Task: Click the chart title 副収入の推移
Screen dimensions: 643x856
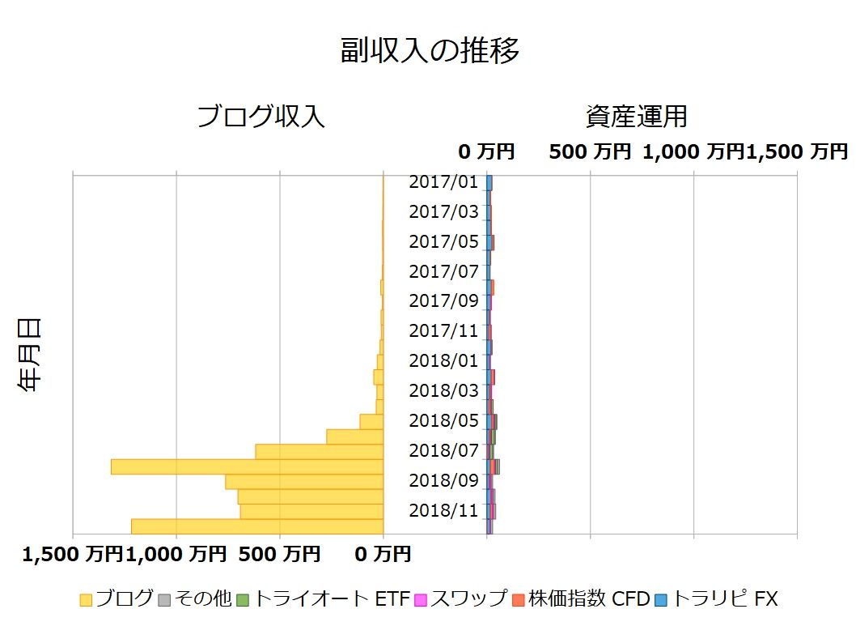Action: tap(429, 51)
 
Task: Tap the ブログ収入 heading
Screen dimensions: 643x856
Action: tap(261, 117)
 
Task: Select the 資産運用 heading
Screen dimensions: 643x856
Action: tap(636, 117)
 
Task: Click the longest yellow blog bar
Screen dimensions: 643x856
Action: tap(247, 466)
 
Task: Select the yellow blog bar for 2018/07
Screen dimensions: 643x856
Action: tap(319, 451)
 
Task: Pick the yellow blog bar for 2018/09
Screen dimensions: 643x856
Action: tap(304, 481)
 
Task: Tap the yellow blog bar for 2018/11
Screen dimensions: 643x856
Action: tap(311, 511)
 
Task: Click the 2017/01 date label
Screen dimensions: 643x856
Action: tap(443, 182)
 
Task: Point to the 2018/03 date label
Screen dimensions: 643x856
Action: tap(443, 390)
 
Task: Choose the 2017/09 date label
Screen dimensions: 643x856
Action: tap(443, 301)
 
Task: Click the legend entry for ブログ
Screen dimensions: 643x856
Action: tap(117, 599)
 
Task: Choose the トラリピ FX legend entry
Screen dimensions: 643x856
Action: tap(715, 599)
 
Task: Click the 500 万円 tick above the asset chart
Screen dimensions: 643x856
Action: tap(589, 151)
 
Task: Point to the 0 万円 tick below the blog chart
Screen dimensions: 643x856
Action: tap(383, 556)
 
